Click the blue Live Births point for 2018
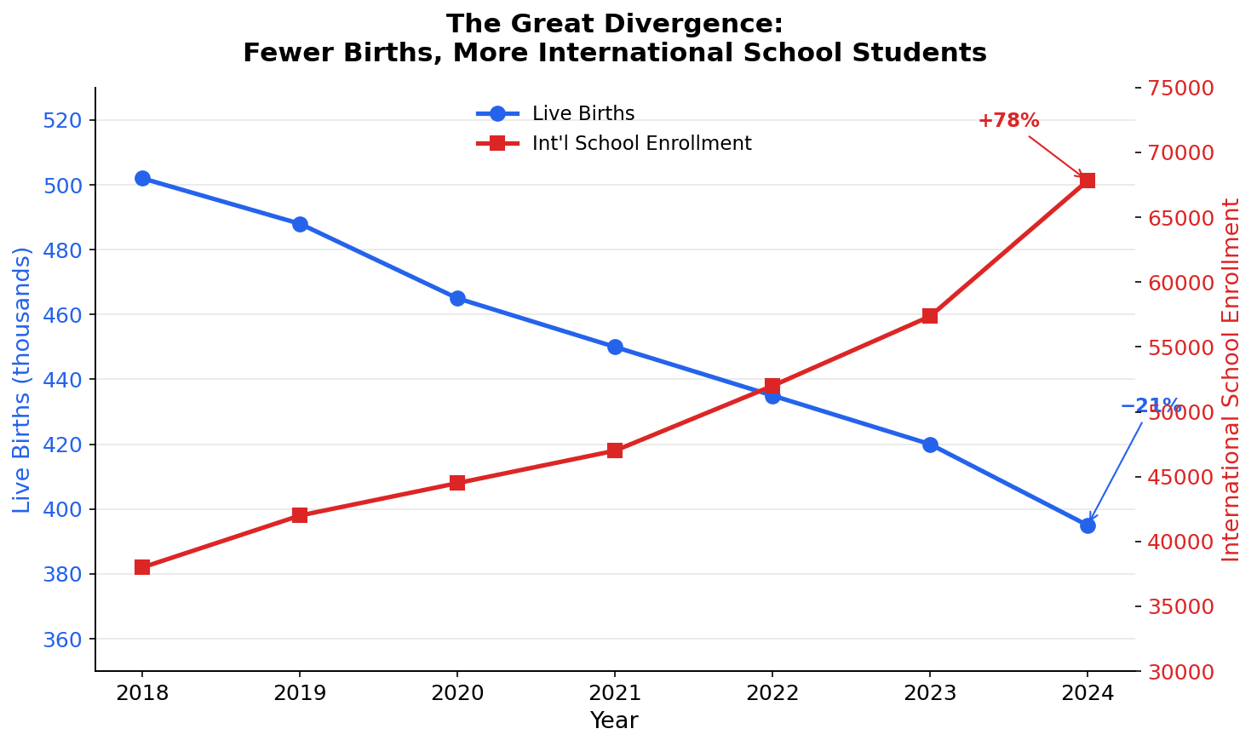[142, 178]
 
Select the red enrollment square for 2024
[1088, 181]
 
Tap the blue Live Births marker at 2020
[457, 298]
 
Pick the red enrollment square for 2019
[300, 515]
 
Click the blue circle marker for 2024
[1088, 525]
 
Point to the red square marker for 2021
[615, 450]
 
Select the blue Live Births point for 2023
[930, 445]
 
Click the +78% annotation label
[1008, 121]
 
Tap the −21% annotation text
[1151, 405]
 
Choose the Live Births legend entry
[583, 114]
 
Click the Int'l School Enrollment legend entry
[641, 143]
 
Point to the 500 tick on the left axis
[60, 186]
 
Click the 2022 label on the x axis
[772, 692]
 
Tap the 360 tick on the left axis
[60, 640]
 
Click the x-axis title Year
[614, 721]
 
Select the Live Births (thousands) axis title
[22, 380]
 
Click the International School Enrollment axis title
[1231, 380]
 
